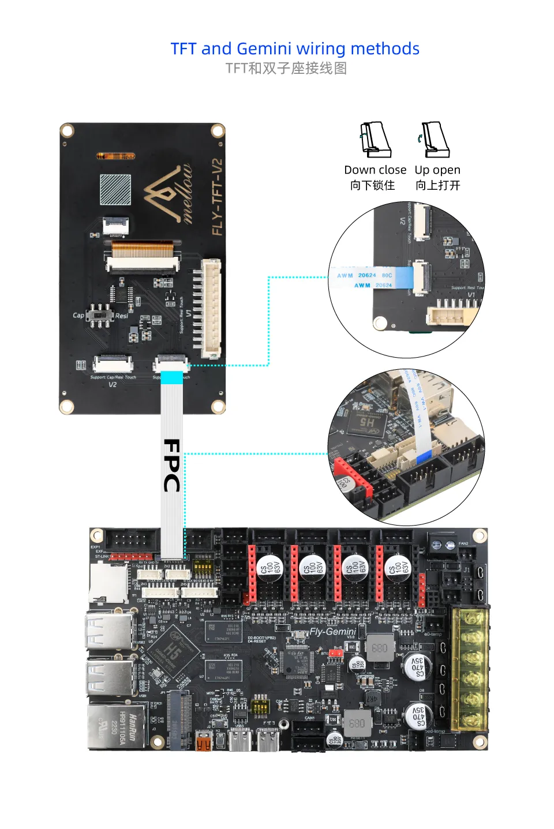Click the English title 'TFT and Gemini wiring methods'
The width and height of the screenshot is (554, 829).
tap(295, 48)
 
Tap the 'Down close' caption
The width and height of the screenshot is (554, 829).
tap(375, 170)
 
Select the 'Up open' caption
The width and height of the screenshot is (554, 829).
tap(437, 170)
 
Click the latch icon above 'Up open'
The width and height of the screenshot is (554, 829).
tap(435, 140)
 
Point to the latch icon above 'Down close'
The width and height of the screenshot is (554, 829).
tap(376, 140)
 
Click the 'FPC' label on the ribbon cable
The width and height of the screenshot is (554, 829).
tap(172, 465)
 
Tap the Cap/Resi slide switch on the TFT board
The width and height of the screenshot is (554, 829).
tap(103, 315)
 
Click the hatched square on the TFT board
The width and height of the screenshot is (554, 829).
tap(115, 189)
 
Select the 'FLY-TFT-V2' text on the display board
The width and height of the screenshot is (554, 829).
tap(217, 197)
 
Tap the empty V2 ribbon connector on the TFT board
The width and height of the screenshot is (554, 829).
tap(113, 363)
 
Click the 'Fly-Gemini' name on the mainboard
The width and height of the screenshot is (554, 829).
tap(333, 632)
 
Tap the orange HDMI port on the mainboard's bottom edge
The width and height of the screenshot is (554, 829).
tap(203, 741)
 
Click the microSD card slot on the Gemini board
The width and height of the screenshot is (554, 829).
tap(108, 583)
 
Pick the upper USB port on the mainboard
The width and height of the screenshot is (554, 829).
tap(110, 631)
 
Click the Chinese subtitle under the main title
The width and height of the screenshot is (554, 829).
tap(286, 69)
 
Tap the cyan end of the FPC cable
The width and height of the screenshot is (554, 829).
tap(171, 377)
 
